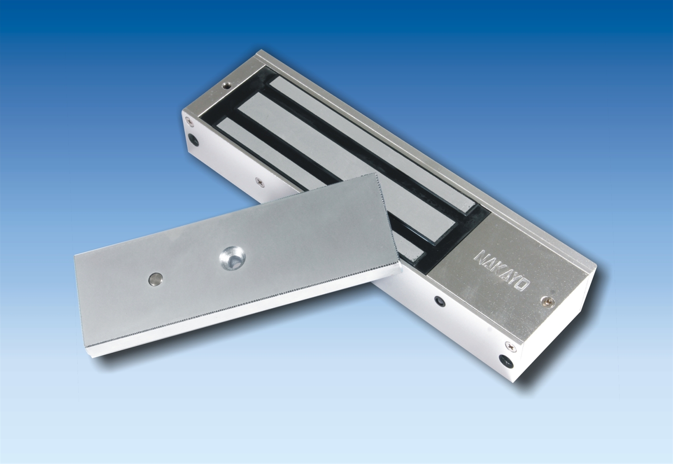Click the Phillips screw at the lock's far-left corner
(190, 120)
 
